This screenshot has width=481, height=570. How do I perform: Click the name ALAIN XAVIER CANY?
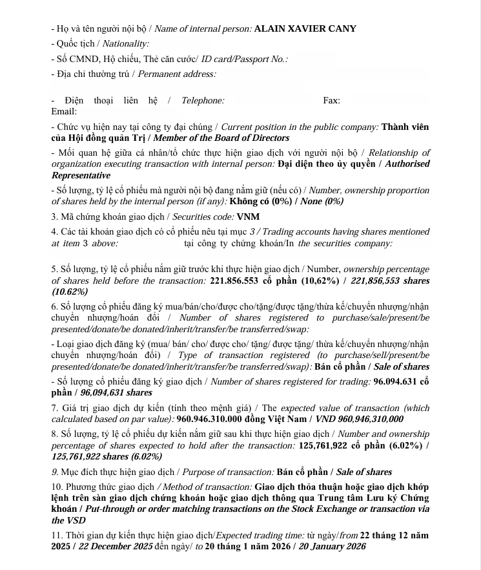[x=305, y=28]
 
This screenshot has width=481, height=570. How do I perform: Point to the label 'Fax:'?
[x=331, y=100]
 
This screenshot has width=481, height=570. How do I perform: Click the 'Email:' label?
[x=64, y=112]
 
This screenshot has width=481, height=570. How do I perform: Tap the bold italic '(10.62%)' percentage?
[x=69, y=291]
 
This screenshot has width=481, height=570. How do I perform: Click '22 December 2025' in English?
[x=115, y=546]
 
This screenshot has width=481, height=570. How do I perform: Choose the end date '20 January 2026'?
[x=332, y=546]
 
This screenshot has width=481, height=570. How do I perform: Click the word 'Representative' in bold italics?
[x=81, y=175]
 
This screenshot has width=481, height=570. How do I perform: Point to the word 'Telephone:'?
[x=203, y=100]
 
